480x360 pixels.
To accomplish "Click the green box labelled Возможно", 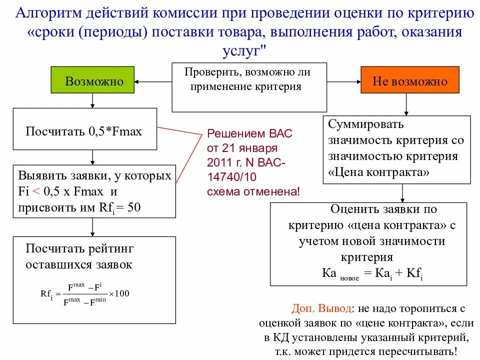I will (92, 80).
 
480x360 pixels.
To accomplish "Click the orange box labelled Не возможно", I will (409, 80).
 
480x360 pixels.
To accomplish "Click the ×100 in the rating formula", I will (119, 293).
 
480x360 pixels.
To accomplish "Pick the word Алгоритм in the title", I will (46, 12).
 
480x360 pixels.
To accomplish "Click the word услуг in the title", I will (239, 50).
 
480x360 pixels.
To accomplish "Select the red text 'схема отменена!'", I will (254, 190).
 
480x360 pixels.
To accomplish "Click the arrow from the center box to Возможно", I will (153, 80).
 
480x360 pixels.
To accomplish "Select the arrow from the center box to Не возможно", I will (344, 80).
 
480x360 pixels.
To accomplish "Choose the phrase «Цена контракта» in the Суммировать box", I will (379, 171).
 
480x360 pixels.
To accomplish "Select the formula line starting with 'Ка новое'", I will (372, 274).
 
